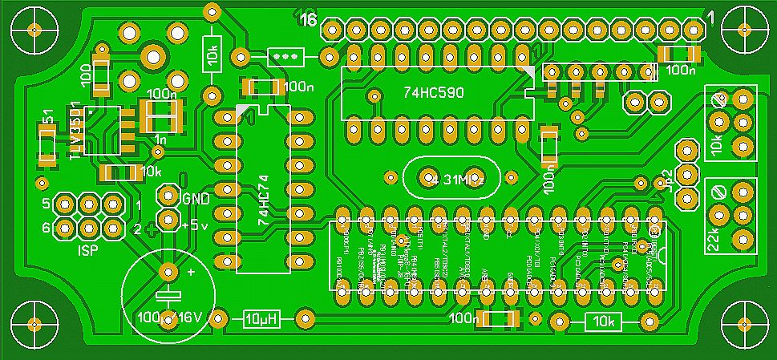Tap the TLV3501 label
[x=75, y=131]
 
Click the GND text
[x=197, y=199]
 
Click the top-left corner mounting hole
[x=34, y=30]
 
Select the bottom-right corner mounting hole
[x=743, y=324]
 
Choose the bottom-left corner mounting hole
[x=34, y=324]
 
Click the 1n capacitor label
[x=160, y=140]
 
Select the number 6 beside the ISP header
[x=46, y=227]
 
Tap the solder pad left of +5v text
[x=168, y=219]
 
